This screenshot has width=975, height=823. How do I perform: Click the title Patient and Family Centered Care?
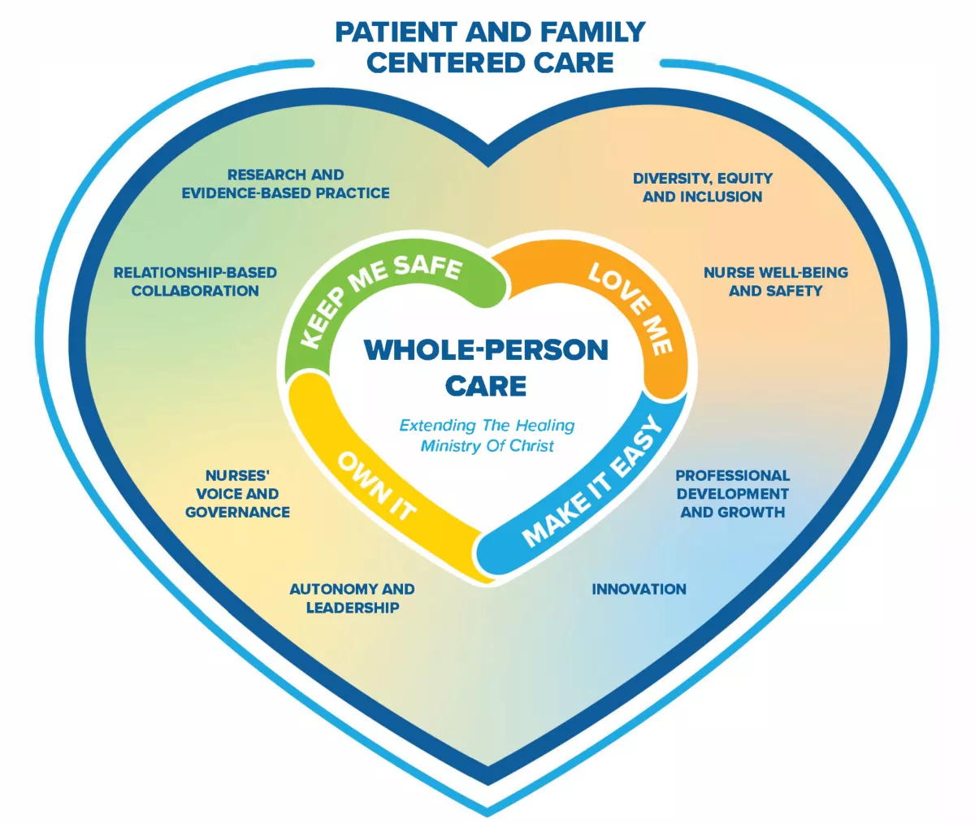click(490, 47)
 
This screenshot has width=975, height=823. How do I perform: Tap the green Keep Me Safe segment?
click(382, 297)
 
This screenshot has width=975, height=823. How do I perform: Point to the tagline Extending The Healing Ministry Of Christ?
click(487, 435)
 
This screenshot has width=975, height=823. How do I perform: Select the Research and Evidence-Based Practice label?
click(285, 184)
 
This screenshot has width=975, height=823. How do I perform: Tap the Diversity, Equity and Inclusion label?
click(702, 187)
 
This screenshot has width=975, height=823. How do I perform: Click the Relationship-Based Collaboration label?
click(195, 281)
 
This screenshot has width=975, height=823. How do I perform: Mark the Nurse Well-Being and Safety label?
click(775, 281)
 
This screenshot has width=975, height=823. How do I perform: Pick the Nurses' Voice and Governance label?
click(237, 493)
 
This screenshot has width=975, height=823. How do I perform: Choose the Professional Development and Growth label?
click(732, 493)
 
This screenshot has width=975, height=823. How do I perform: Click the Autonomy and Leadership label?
click(352, 598)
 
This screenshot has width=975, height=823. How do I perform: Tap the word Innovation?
click(639, 589)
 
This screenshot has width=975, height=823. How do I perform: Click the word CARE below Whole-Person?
click(486, 385)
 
